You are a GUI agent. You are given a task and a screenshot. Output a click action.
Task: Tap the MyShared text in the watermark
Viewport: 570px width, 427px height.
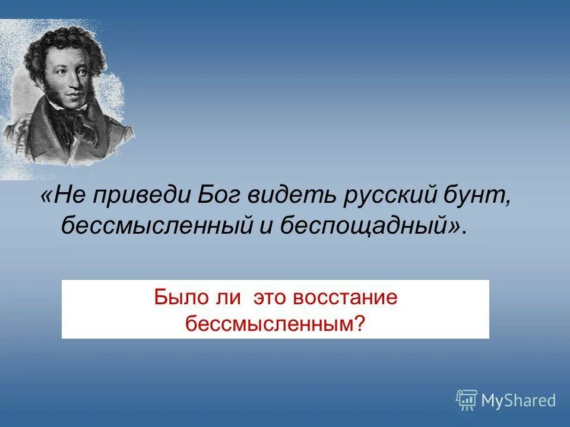[x=518, y=401]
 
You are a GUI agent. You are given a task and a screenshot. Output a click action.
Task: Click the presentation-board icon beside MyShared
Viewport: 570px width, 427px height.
[x=467, y=400]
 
